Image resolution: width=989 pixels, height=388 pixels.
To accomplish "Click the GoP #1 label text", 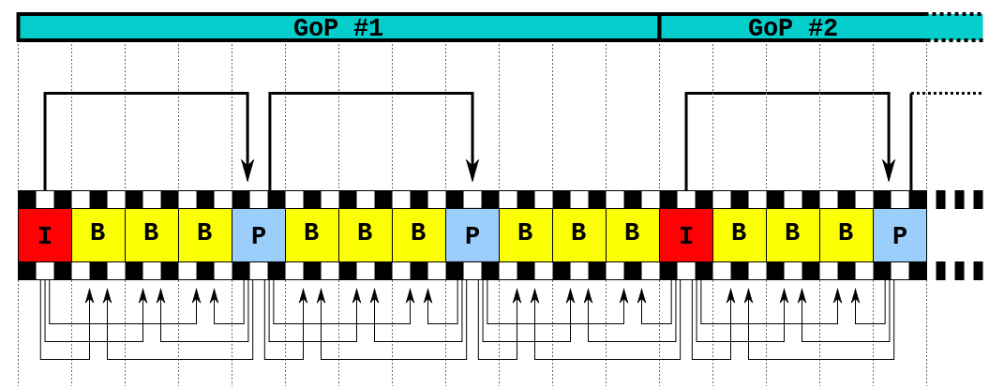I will pyautogui.click(x=338, y=27).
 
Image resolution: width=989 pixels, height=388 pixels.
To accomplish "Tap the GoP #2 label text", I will pyautogui.click(x=792, y=27).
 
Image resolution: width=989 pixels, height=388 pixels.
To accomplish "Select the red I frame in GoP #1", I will pyautogui.click(x=45, y=235).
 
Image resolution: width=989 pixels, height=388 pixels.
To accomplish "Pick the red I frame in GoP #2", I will pyautogui.click(x=686, y=235).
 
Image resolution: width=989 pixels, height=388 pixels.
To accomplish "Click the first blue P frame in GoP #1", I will pyautogui.click(x=259, y=235).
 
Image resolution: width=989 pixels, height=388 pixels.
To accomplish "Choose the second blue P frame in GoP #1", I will pyautogui.click(x=472, y=235).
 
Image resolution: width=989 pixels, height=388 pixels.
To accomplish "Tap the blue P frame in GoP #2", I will pyautogui.click(x=900, y=235).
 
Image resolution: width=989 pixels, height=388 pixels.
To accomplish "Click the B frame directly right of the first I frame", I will pyautogui.click(x=98, y=235).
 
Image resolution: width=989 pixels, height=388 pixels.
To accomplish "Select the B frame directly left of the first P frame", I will pyautogui.click(x=205, y=235).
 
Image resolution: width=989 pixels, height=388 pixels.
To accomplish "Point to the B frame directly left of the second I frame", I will pyautogui.click(x=633, y=235).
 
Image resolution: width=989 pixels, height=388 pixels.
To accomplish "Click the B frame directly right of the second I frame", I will pyautogui.click(x=740, y=235).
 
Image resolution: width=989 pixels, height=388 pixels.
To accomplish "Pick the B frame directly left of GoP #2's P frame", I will pyautogui.click(x=847, y=235).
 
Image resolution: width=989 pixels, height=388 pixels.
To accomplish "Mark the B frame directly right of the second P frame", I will pyautogui.click(x=526, y=235).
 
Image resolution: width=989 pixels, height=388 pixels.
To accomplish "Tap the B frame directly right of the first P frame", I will pyautogui.click(x=312, y=235).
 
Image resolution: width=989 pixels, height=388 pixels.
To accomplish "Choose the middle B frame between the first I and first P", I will pyautogui.click(x=152, y=235).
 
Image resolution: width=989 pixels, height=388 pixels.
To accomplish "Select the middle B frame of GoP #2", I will pyautogui.click(x=793, y=235).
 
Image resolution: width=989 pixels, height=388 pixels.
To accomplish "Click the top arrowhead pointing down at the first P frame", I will pyautogui.click(x=247, y=171).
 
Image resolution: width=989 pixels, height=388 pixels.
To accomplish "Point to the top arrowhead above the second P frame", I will pyautogui.click(x=472, y=171).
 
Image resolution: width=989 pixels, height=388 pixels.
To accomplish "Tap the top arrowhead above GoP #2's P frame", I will pyautogui.click(x=889, y=171).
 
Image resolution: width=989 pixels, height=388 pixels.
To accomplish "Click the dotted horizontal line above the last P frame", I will pyautogui.click(x=947, y=93).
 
